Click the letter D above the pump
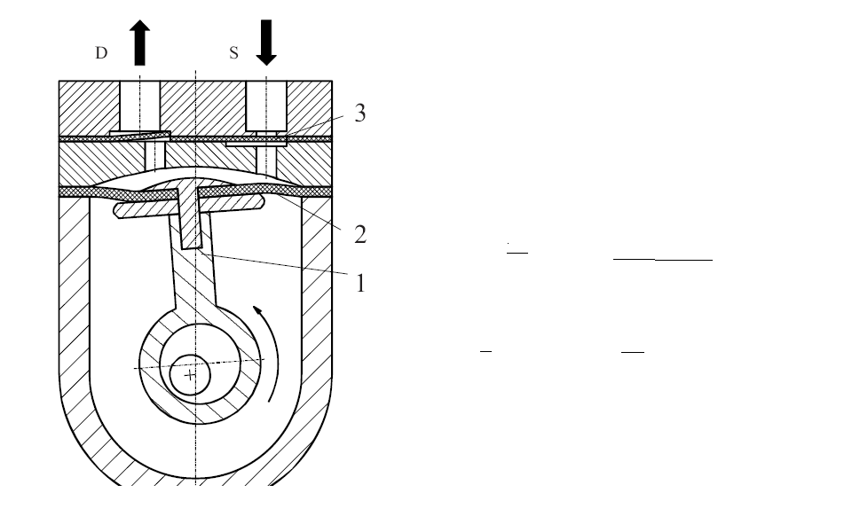(101, 52)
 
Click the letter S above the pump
(233, 52)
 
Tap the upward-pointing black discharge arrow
(139, 43)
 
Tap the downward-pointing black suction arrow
(266, 43)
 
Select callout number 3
(359, 113)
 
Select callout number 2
(360, 234)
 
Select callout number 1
(360, 283)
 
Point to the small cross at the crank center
(190, 374)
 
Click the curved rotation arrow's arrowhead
(258, 311)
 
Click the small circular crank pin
(190, 374)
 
